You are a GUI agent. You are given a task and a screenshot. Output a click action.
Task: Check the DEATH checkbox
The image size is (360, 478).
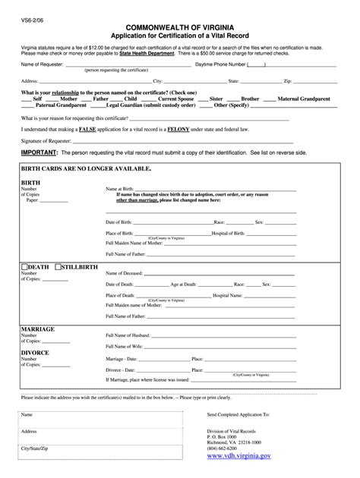(x=24, y=268)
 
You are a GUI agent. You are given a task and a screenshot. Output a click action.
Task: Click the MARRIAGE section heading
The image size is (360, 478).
(x=38, y=329)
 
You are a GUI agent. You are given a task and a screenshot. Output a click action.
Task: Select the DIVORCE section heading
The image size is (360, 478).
(x=36, y=353)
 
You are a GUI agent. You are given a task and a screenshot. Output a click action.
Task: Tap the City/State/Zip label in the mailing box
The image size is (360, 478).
(x=36, y=449)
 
